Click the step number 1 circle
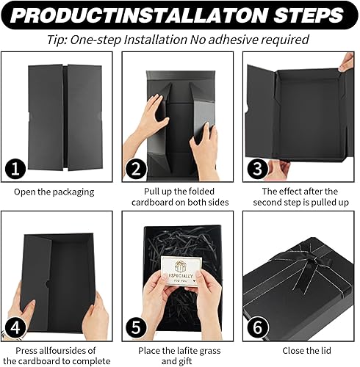(x=15, y=169)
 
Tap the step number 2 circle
(x=136, y=169)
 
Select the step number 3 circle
(x=257, y=169)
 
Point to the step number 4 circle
(x=15, y=327)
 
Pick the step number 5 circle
(x=136, y=327)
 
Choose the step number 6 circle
(x=257, y=327)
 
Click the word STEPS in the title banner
(x=308, y=15)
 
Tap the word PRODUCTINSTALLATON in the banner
(x=139, y=15)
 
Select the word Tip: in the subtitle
(x=57, y=40)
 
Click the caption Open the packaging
(x=54, y=192)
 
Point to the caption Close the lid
(x=306, y=351)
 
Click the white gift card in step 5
(x=180, y=270)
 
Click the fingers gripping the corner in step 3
(x=346, y=62)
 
